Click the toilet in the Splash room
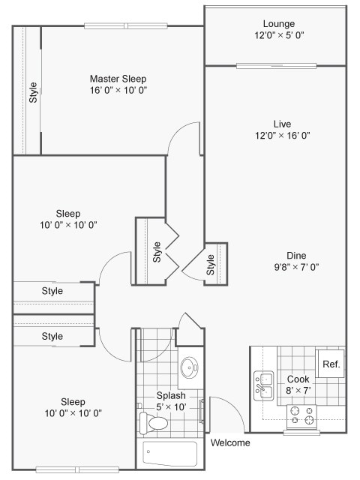[x=155, y=424]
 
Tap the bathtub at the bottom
[x=170, y=454]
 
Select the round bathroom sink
[x=189, y=368]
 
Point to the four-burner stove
[x=302, y=414]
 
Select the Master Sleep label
[x=118, y=79]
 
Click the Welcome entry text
[x=230, y=442]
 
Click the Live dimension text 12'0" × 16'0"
[x=282, y=136]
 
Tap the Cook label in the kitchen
[x=298, y=379]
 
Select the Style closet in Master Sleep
[x=32, y=91]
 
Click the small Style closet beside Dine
[x=211, y=264]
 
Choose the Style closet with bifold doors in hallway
[x=157, y=251]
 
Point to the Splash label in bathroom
[x=171, y=396]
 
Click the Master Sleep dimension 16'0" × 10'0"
[x=118, y=91]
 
